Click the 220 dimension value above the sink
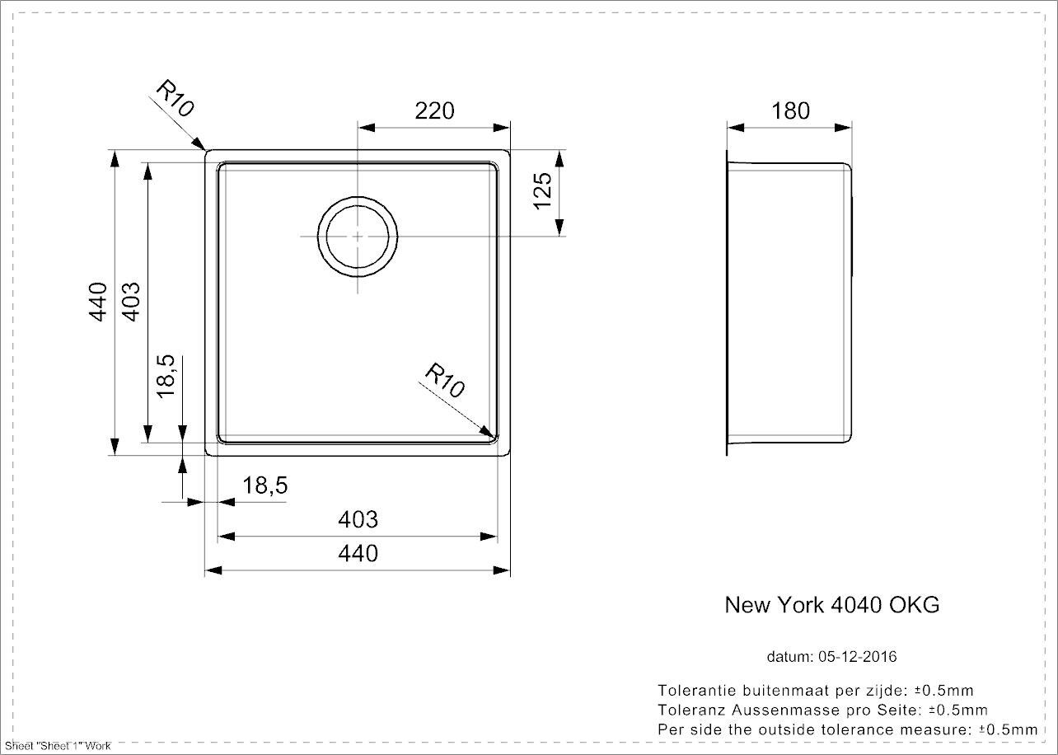point(434,110)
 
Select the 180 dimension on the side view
point(791,110)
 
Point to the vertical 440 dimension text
point(99,302)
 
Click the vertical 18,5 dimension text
point(166,377)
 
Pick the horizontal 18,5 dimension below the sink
point(265,486)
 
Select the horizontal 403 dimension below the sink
point(358,520)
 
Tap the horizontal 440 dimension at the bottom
point(358,553)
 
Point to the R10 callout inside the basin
point(446,380)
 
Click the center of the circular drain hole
point(358,236)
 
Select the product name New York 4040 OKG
point(831,605)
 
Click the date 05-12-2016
point(858,657)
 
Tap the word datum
point(789,657)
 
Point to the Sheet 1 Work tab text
point(57,746)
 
